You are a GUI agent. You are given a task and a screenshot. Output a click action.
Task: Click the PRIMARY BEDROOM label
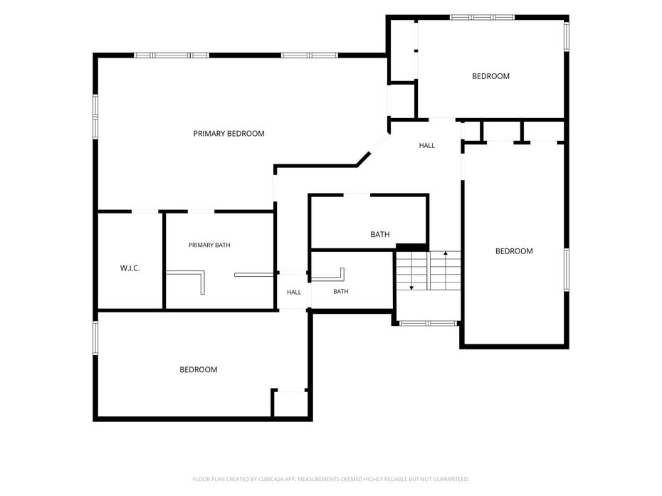pos(228,133)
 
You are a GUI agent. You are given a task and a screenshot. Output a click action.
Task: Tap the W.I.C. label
pos(130,268)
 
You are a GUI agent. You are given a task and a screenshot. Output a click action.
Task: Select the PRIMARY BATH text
pos(209,245)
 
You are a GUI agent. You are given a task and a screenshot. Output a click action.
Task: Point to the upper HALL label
pos(427,145)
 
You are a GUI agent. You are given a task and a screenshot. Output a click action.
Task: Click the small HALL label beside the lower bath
pos(294,292)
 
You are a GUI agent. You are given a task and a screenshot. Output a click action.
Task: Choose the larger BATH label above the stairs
pos(380,234)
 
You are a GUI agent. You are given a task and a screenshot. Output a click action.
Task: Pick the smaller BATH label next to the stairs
pos(341,291)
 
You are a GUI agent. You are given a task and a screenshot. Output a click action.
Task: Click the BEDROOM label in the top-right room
pos(490,76)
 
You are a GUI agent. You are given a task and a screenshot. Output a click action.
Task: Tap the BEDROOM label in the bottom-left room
pos(199,369)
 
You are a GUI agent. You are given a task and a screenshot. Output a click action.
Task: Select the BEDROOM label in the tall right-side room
pos(514,251)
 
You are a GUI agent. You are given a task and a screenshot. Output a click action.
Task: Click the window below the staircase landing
pos(429,323)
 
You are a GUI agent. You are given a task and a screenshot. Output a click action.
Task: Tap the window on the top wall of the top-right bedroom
pos(482,17)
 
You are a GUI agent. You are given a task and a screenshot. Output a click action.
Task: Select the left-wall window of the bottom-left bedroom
pos(95,338)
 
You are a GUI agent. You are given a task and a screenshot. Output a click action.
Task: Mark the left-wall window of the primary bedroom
pos(95,117)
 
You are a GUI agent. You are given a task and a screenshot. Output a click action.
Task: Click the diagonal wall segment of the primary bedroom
pos(364,159)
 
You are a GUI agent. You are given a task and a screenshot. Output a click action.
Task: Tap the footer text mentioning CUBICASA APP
pos(330,479)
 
